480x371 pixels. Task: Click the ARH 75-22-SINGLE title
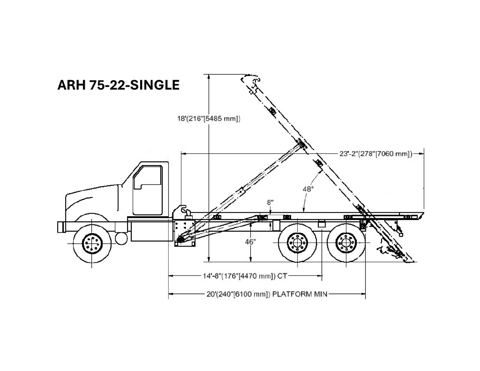point(118,85)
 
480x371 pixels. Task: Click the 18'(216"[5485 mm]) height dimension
point(209,119)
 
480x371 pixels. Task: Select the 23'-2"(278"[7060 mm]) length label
point(376,153)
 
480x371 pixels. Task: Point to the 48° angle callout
point(308,189)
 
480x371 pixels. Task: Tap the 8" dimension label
point(270,202)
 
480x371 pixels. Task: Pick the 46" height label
point(250,242)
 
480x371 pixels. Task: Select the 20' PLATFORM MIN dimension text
point(267,294)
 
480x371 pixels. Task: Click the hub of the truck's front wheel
point(92,243)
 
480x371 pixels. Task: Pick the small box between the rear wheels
point(322,224)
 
